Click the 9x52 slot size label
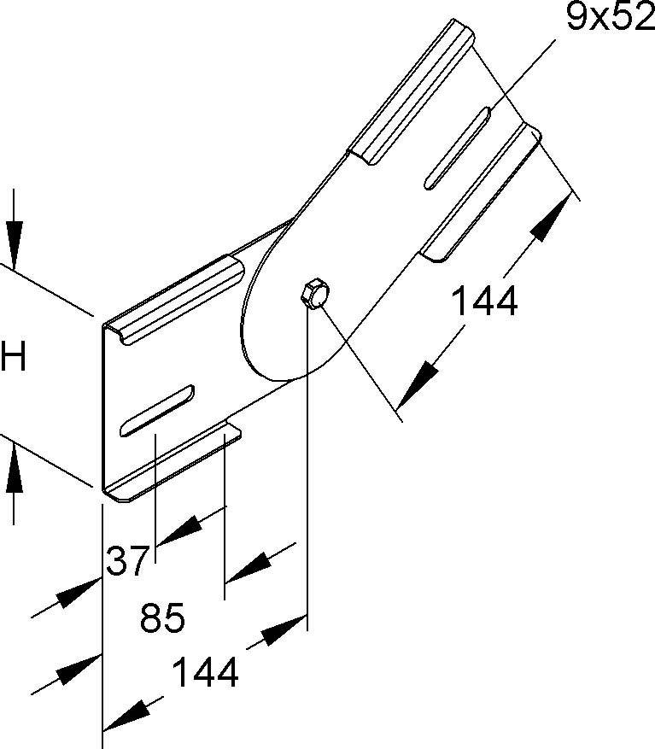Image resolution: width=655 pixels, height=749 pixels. [x=610, y=17]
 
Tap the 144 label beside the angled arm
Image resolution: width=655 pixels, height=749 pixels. [x=484, y=301]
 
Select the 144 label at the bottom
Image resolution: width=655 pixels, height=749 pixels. [x=205, y=672]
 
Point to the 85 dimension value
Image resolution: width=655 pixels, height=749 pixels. [x=162, y=617]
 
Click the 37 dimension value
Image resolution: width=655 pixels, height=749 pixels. [x=126, y=561]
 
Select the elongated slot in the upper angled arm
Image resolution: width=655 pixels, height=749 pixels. [x=457, y=149]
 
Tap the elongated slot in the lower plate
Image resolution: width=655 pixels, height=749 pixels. [x=156, y=411]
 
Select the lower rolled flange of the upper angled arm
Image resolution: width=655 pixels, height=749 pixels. [x=481, y=193]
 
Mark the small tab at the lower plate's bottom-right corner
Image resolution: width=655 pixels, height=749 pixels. [x=233, y=432]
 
